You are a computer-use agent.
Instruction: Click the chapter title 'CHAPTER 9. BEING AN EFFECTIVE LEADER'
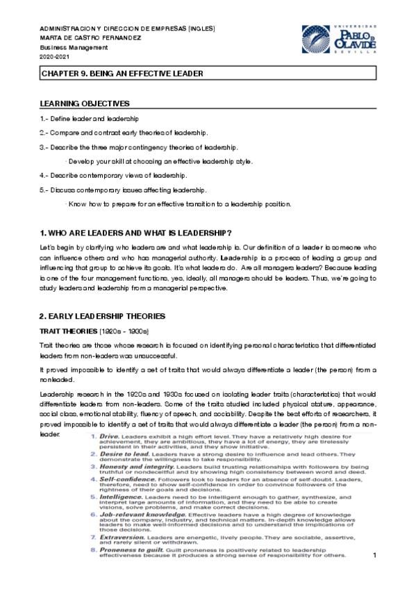(122, 72)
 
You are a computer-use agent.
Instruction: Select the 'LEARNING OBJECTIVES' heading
(85, 103)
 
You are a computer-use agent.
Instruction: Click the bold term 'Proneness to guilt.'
(131, 549)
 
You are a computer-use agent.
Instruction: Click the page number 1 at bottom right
(375, 556)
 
